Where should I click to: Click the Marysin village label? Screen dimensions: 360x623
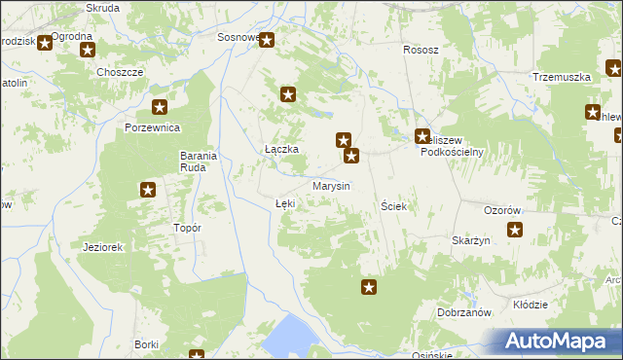331,186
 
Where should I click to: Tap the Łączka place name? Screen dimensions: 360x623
281,149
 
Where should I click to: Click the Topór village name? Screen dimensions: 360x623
186,228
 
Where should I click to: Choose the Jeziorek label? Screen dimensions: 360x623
103,247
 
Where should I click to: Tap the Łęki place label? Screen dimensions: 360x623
284,203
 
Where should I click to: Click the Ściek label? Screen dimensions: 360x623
393,207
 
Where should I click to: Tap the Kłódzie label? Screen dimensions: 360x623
530,305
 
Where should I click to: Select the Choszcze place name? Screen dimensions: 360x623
121,72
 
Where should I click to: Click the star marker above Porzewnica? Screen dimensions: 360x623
160,108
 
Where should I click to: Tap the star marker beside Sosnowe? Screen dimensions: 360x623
267,41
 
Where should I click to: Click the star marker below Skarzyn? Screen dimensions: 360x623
515,231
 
